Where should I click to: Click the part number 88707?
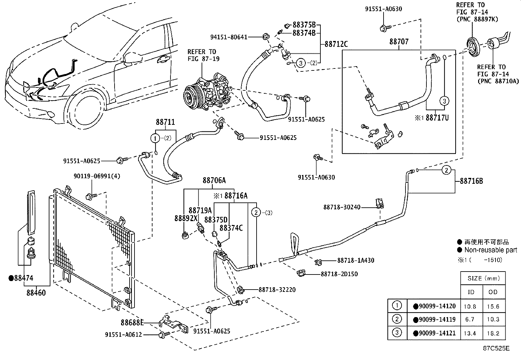point(399,42)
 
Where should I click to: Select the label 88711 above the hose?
point(165,123)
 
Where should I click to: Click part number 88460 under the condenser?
point(36,292)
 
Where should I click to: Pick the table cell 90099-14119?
point(434,319)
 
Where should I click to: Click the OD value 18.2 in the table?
point(493,333)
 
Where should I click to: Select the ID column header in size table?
point(471,292)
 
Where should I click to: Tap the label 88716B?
point(471,181)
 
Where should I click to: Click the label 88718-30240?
point(342,207)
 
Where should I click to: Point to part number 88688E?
point(132,323)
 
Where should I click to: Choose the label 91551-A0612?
point(124,334)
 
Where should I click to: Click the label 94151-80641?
point(229,37)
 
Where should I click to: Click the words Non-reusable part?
point(491,250)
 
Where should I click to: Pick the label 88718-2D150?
point(339,274)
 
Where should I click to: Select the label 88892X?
point(186,218)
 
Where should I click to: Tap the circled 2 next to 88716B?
point(447,170)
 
